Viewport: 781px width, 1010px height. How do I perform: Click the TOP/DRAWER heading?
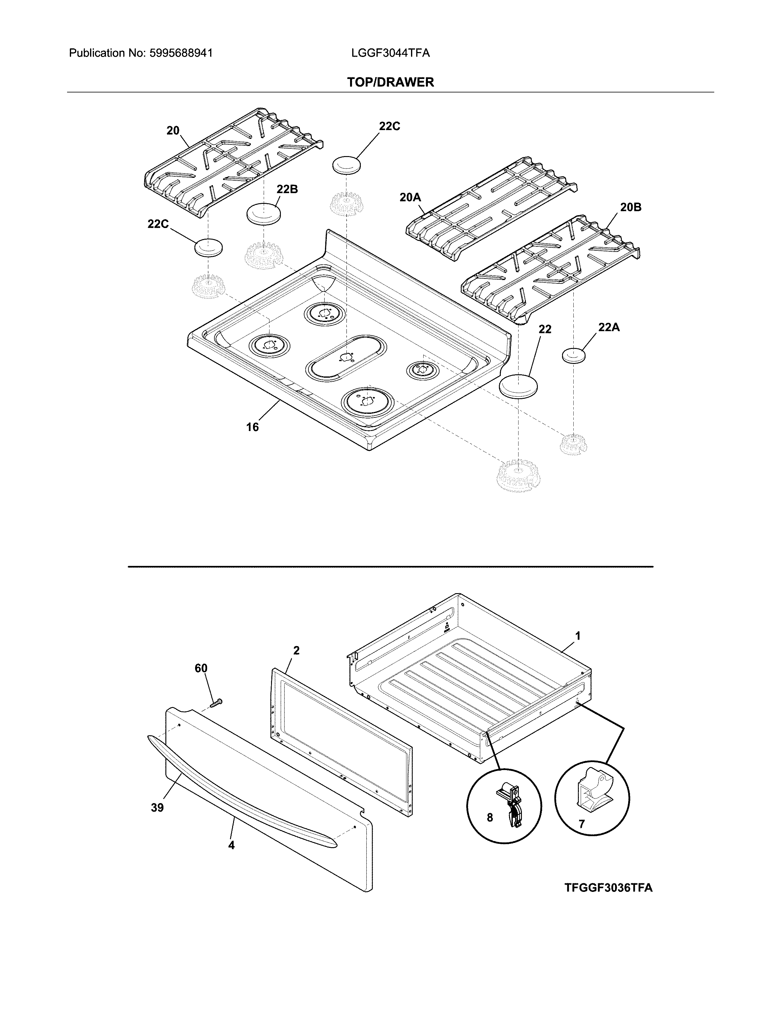(x=390, y=82)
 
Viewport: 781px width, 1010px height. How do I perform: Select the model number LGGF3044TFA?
(x=390, y=53)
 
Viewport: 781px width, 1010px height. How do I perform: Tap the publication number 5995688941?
(x=181, y=53)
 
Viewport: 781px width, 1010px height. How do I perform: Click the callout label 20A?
(x=410, y=197)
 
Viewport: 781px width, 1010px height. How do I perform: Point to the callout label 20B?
(x=631, y=207)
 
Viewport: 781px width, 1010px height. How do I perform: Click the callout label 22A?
(x=609, y=327)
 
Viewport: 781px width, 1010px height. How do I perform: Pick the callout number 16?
(x=252, y=427)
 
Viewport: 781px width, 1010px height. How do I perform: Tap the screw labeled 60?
(x=216, y=703)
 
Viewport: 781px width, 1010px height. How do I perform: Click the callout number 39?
(x=157, y=808)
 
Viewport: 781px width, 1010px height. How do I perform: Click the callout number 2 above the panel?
(x=296, y=650)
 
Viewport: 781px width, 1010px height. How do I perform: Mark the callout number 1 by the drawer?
(x=577, y=636)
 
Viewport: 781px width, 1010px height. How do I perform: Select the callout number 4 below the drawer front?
(x=231, y=845)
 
